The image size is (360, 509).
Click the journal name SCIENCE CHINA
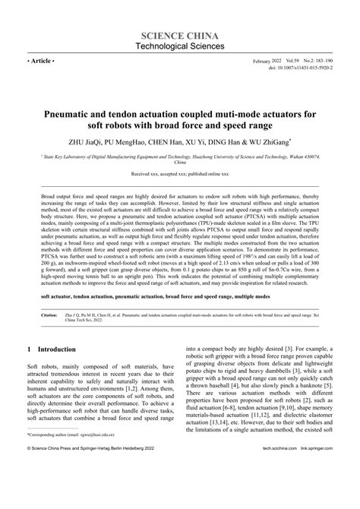coord(180,36)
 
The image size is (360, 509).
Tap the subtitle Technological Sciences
coord(180,47)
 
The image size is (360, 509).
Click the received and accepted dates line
coord(180,174)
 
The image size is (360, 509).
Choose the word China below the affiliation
coord(180,163)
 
